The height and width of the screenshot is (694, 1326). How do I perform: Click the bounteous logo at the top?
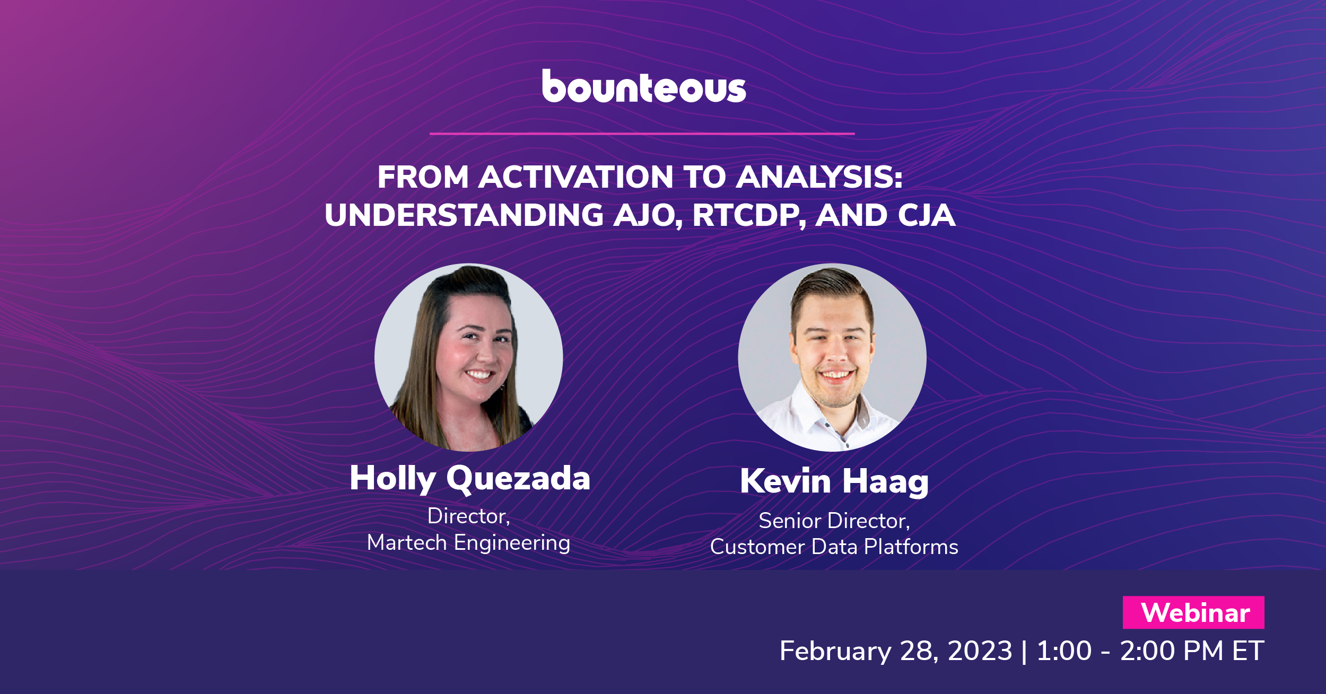click(x=643, y=86)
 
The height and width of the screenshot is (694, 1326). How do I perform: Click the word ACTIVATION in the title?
click(x=575, y=177)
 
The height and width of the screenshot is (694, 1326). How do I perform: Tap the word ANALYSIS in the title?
click(x=818, y=177)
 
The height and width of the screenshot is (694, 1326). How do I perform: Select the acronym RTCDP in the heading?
click(x=748, y=216)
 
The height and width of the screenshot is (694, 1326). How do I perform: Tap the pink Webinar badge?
click(x=1193, y=613)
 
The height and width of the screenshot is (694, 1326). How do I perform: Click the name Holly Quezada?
click(x=469, y=479)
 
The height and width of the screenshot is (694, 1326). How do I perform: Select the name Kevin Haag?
click(x=834, y=481)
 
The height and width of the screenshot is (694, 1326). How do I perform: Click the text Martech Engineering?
click(x=468, y=543)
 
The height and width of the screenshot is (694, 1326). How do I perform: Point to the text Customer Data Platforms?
click(x=834, y=547)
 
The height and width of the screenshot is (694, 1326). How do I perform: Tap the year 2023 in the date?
click(x=980, y=651)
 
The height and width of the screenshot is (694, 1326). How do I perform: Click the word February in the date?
click(x=835, y=651)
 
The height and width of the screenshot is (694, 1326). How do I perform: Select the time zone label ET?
click(x=1248, y=651)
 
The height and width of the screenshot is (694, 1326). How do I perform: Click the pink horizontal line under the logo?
click(x=642, y=134)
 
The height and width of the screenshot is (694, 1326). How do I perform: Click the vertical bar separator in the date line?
click(x=1024, y=652)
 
